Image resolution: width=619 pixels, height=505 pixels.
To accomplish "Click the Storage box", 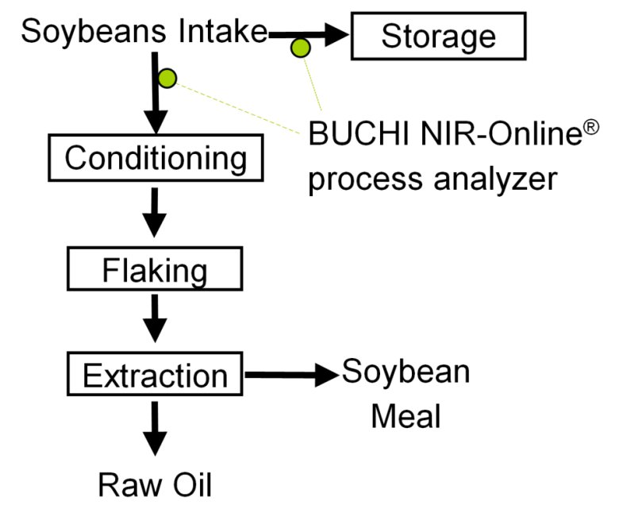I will pos(438,37).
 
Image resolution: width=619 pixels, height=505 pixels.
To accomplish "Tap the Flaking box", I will pos(154,271).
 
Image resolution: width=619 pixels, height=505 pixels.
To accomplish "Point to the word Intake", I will pos(226,33).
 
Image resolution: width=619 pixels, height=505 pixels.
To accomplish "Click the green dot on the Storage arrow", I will pos(301,48).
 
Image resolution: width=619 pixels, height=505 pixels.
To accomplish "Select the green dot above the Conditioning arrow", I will pos(167,78).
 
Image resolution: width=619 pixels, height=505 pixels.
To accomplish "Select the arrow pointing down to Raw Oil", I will pos(156,430).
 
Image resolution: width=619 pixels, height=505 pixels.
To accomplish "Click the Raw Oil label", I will pos(156,484).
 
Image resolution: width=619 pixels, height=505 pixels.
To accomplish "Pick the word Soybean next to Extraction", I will pos(406,372).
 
